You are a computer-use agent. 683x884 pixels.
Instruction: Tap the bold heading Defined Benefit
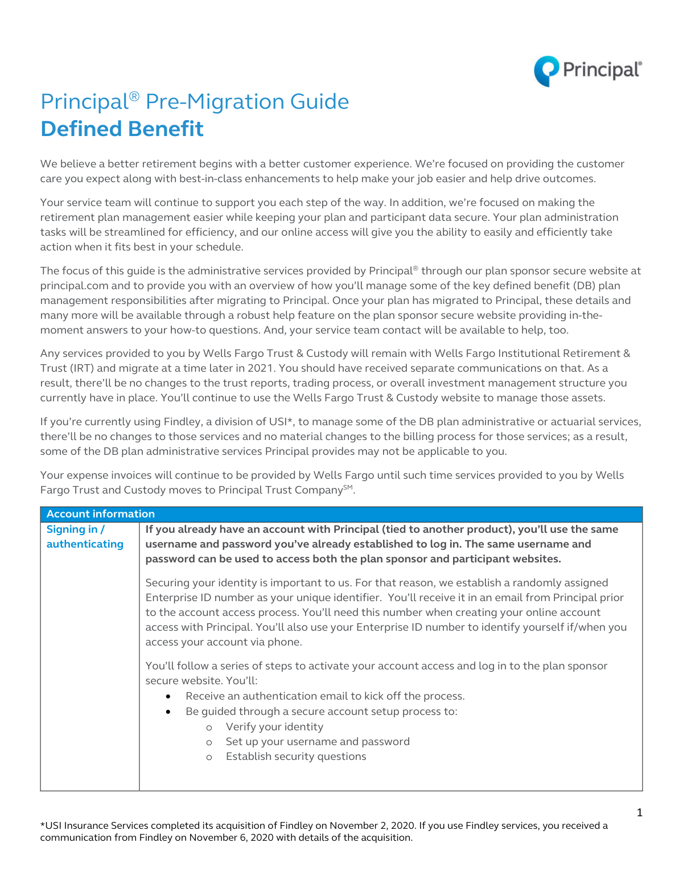coord(122,129)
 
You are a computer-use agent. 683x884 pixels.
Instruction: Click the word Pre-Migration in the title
coord(215,102)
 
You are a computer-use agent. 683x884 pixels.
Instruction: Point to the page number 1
coord(639,813)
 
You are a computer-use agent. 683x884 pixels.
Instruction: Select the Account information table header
coord(101,514)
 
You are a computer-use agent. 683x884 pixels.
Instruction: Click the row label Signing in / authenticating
coord(85,537)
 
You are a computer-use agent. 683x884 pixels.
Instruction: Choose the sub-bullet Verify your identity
coord(274,727)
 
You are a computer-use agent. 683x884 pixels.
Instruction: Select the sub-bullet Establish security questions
coord(296,756)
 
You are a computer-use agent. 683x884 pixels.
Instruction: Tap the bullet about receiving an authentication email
coord(325,696)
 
